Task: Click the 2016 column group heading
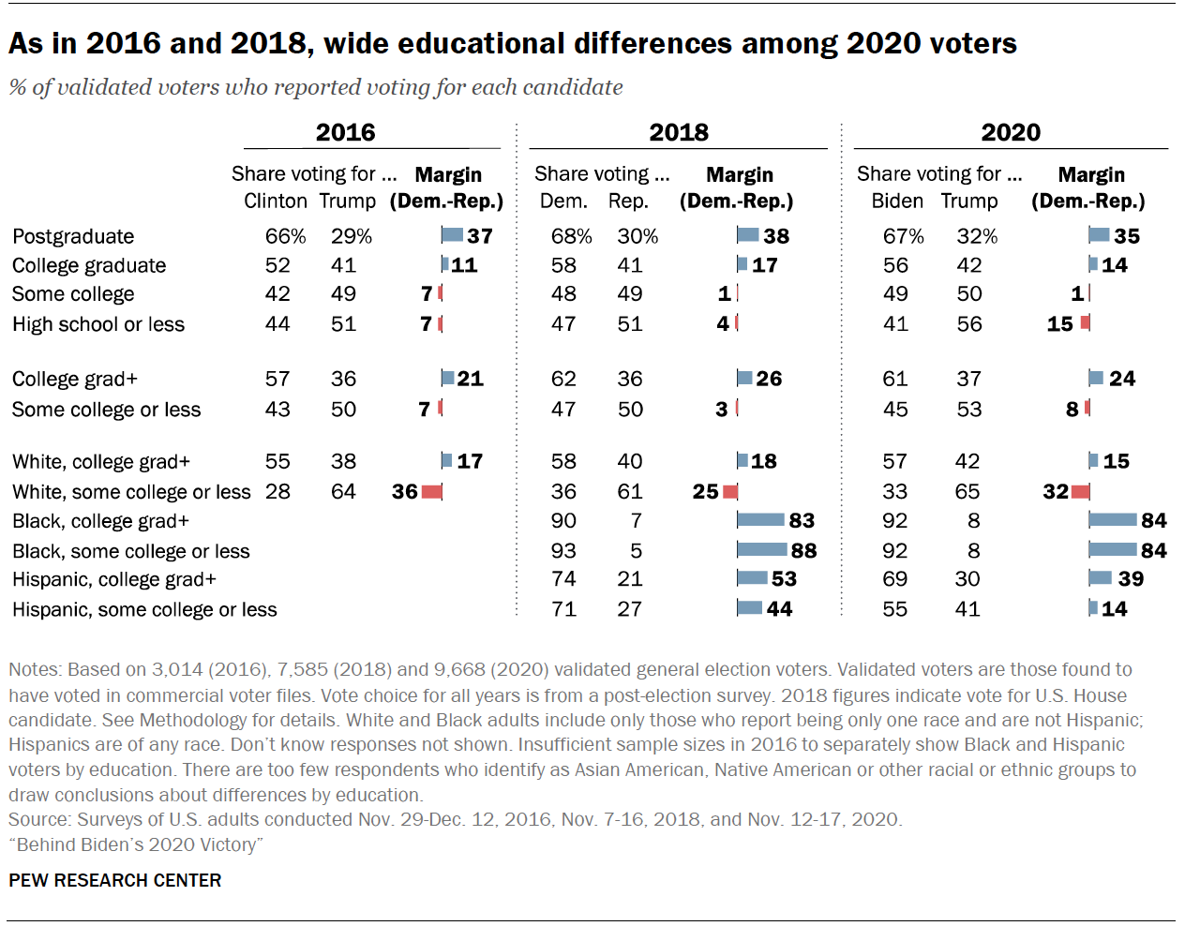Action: click(x=345, y=132)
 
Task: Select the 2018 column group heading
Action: click(x=679, y=132)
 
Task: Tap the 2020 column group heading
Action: click(x=1011, y=132)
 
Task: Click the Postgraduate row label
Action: click(x=73, y=236)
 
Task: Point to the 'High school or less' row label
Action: click(x=98, y=324)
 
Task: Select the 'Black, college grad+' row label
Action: click(x=100, y=521)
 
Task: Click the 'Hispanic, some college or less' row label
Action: click(x=144, y=609)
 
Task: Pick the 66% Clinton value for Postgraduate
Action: click(x=285, y=236)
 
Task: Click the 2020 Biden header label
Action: click(x=897, y=201)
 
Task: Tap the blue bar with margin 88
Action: click(x=761, y=550)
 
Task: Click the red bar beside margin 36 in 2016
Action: click(x=431, y=491)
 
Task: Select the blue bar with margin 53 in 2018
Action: click(x=752, y=578)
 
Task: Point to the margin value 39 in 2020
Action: click(x=1131, y=578)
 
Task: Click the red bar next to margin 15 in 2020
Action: click(x=1085, y=323)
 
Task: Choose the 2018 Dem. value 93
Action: click(x=563, y=550)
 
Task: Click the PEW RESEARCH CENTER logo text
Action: click(x=115, y=880)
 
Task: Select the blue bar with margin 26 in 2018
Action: click(x=744, y=379)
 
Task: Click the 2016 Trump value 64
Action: click(x=343, y=491)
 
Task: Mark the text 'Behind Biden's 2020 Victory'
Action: click(x=136, y=844)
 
